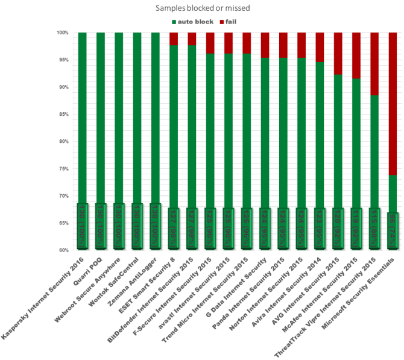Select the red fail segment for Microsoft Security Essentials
(392, 103)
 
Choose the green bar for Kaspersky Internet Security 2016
(83, 121)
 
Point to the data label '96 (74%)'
(392, 229)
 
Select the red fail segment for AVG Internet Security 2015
(338, 53)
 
